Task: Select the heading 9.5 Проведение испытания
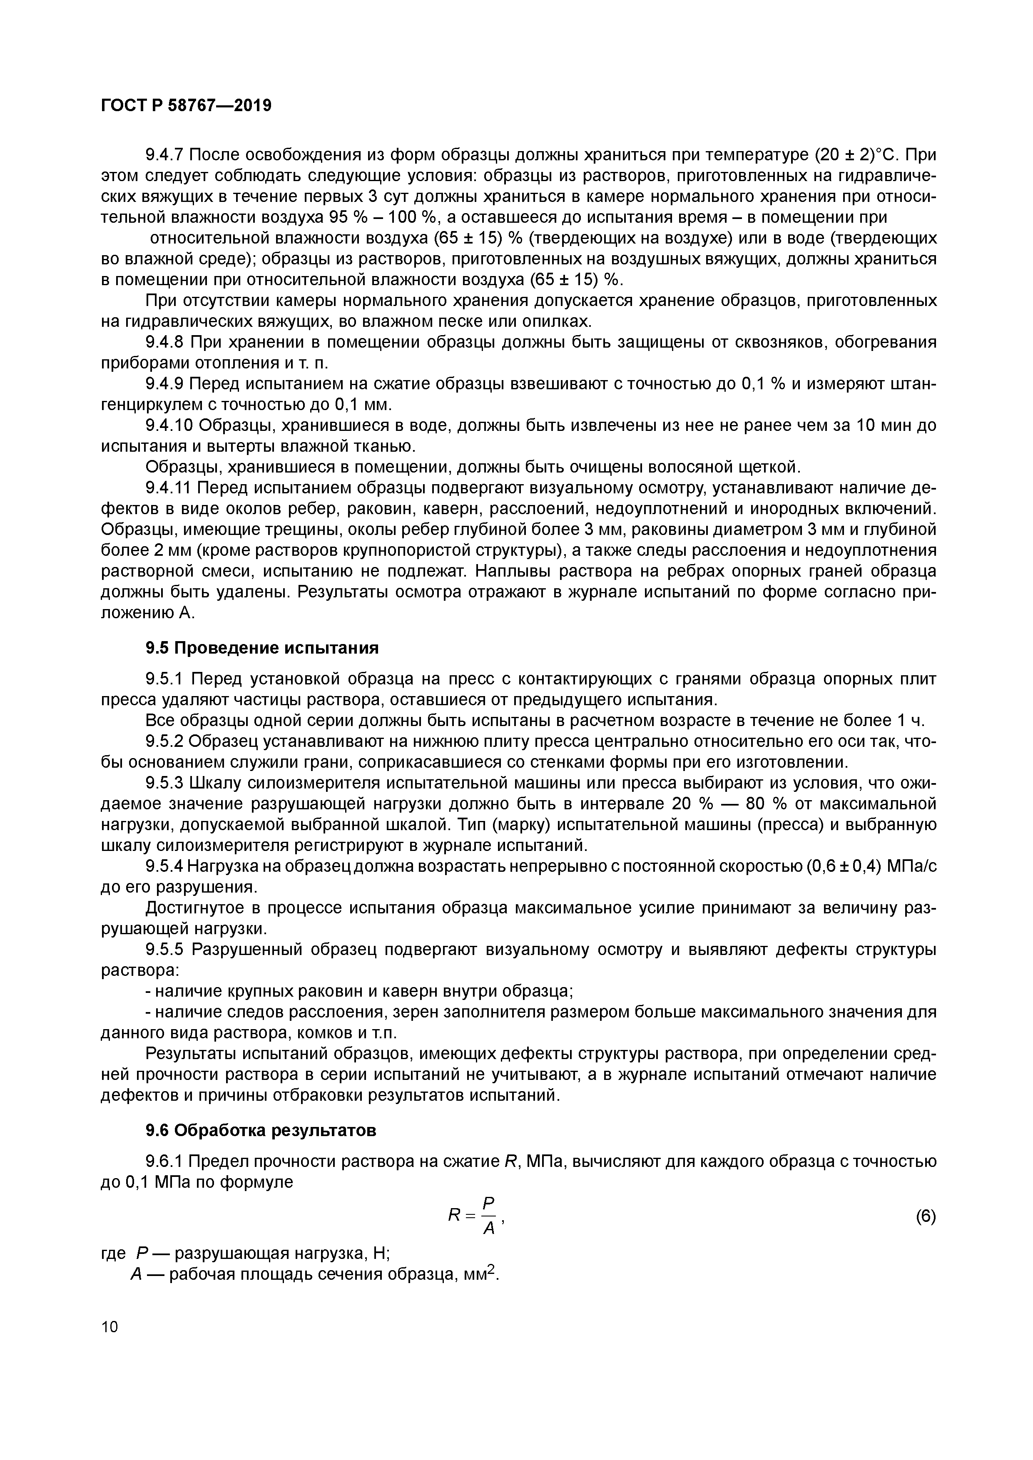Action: point(262,648)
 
